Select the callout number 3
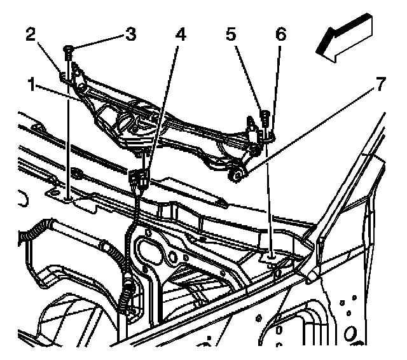coord(130,35)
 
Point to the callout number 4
coord(181,36)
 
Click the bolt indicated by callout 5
coord(263,116)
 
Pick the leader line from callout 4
coord(164,102)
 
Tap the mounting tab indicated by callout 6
coord(271,134)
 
